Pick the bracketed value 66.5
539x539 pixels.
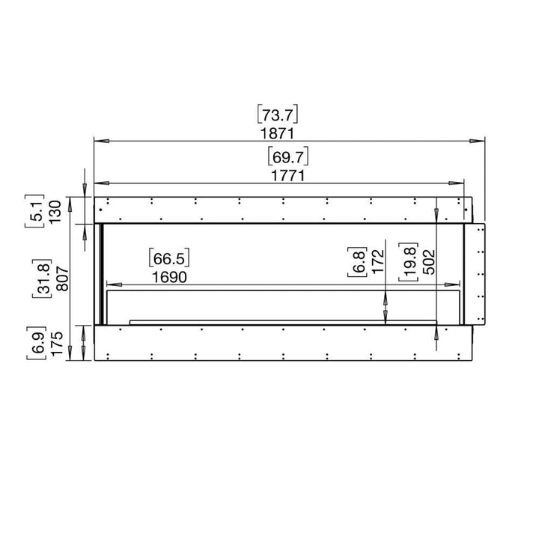170,259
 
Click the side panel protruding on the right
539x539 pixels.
475,273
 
